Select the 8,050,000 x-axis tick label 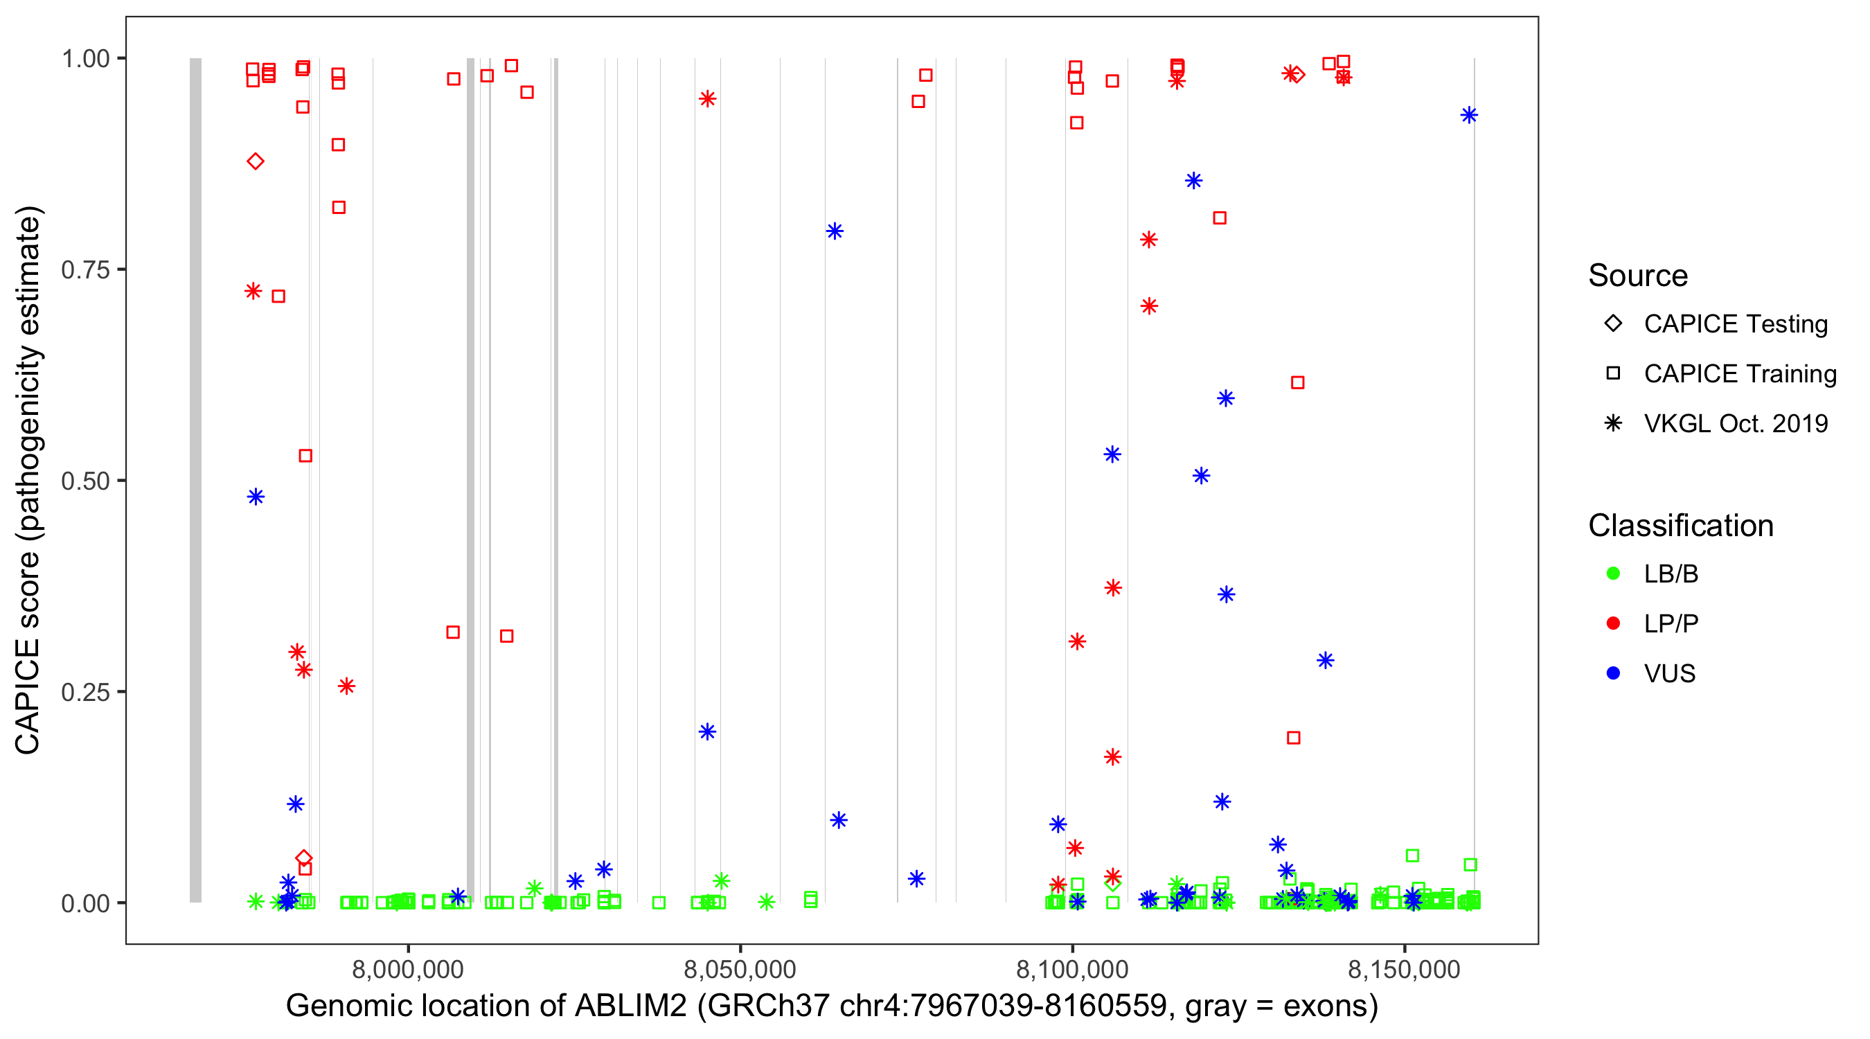pos(740,969)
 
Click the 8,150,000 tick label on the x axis pos(1404,969)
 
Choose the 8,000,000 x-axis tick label pos(408,969)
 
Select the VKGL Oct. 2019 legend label pos(1736,423)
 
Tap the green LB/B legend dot pos(1613,574)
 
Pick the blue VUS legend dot pos(1613,673)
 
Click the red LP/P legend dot pos(1613,623)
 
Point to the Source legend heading pos(1638,276)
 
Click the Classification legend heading pos(1680,526)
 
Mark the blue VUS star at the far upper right pos(1469,116)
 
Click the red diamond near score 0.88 pos(256,161)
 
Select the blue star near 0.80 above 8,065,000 pos(835,231)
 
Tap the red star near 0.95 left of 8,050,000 pos(708,99)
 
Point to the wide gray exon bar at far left pos(196,479)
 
